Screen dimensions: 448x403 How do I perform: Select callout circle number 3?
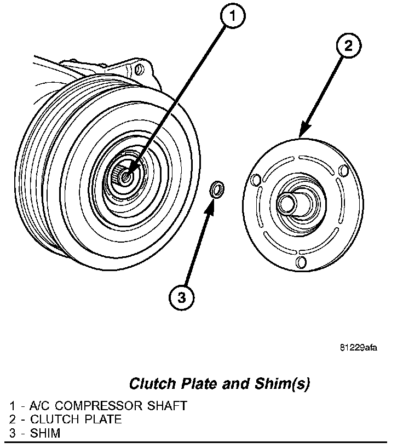(181, 298)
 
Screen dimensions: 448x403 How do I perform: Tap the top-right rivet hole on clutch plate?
(343, 170)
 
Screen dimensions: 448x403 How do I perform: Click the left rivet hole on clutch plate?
(254, 180)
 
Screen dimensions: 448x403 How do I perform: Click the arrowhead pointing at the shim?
(212, 206)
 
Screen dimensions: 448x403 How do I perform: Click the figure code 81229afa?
(359, 348)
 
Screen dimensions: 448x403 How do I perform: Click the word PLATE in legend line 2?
(102, 420)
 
